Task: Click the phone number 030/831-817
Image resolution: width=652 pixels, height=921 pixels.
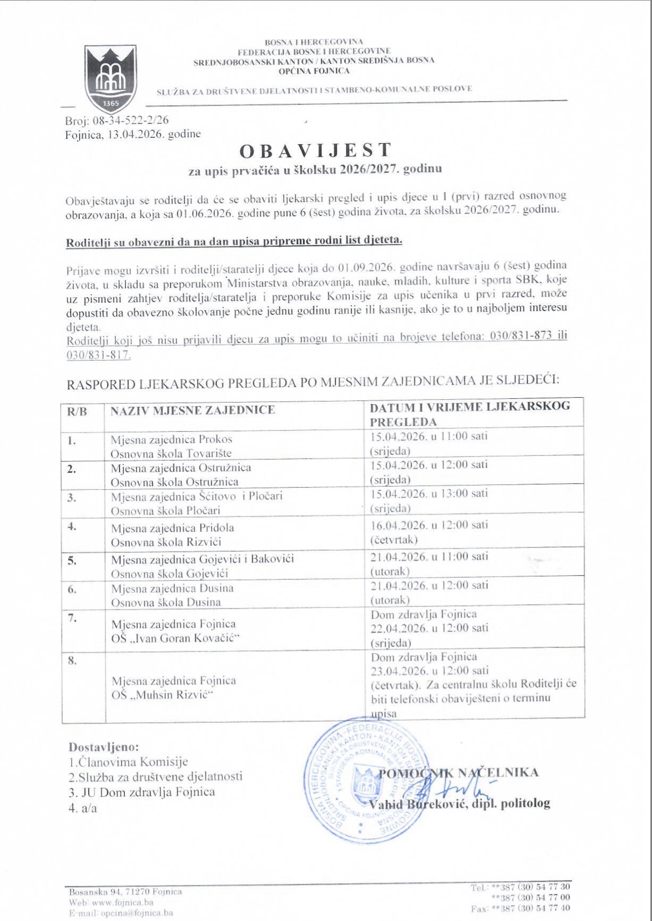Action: (99, 355)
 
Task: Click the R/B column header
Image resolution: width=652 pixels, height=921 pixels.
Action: (77, 412)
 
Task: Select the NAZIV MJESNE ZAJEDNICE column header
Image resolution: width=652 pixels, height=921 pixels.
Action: (193, 410)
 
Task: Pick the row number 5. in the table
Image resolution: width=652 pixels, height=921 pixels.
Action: (72, 561)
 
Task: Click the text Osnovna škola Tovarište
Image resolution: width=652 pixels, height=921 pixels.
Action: (171, 454)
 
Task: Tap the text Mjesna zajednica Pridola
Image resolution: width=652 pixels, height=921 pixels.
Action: (172, 528)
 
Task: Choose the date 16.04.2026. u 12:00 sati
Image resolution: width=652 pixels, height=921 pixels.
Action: (429, 525)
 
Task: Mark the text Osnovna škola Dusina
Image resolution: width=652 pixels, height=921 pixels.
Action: (166, 602)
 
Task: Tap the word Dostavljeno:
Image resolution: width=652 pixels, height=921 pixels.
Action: (103, 747)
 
